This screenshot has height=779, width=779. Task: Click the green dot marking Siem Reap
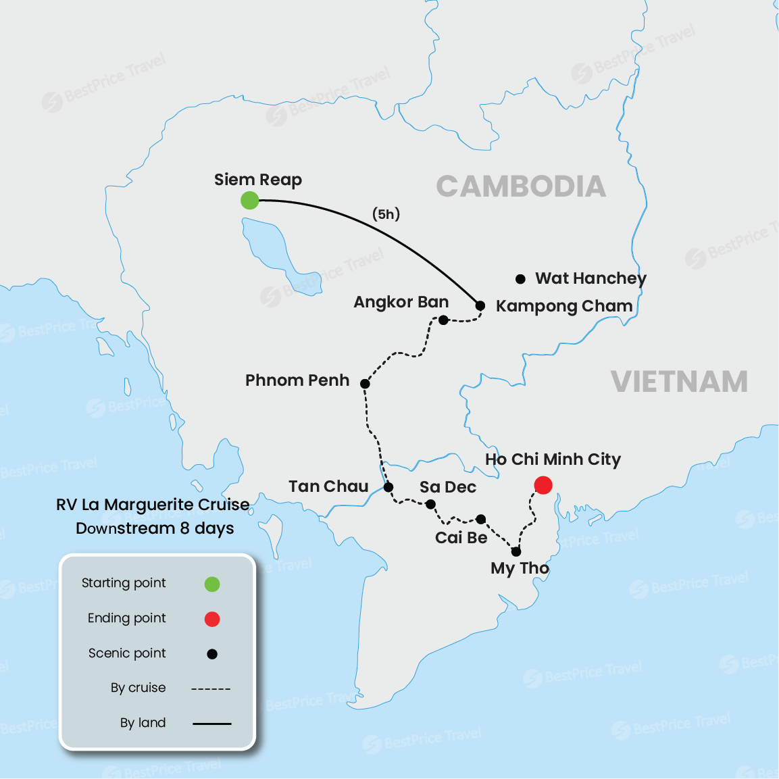(250, 200)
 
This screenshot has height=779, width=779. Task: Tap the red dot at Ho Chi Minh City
(543, 485)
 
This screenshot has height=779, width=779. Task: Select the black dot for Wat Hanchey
(520, 279)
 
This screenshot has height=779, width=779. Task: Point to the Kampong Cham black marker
(480, 305)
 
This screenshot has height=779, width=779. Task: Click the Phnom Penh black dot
(365, 384)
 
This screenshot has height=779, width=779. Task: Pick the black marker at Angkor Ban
(443, 320)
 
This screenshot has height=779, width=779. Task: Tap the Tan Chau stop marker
(388, 487)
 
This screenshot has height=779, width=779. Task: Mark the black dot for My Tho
(516, 551)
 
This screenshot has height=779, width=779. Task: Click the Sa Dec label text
(447, 487)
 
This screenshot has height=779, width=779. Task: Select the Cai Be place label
(461, 538)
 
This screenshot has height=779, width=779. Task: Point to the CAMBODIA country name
(521, 186)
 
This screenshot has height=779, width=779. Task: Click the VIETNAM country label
(679, 382)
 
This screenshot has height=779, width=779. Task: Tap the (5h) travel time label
(386, 214)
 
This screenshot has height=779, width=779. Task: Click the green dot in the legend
(212, 584)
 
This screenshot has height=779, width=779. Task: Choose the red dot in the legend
(212, 619)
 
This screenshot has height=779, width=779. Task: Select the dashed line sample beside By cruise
(211, 689)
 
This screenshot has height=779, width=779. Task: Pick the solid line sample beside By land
(211, 724)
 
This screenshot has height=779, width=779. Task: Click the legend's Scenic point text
(127, 653)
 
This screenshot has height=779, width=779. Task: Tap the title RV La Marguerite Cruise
(153, 505)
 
